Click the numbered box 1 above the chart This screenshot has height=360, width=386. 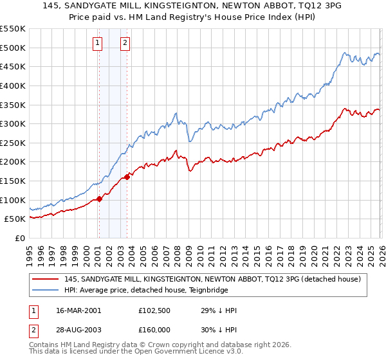point(98,43)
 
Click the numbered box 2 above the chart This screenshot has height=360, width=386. point(125,43)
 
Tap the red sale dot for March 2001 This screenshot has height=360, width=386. point(99,199)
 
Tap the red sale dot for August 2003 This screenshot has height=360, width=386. point(127,177)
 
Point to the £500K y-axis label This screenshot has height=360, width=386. point(12,48)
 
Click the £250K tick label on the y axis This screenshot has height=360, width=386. point(12,143)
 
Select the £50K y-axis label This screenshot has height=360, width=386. point(15,219)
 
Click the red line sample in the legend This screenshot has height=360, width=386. point(46,279)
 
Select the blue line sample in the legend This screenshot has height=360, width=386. point(46,290)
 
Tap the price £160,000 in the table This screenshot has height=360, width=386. point(158,331)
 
